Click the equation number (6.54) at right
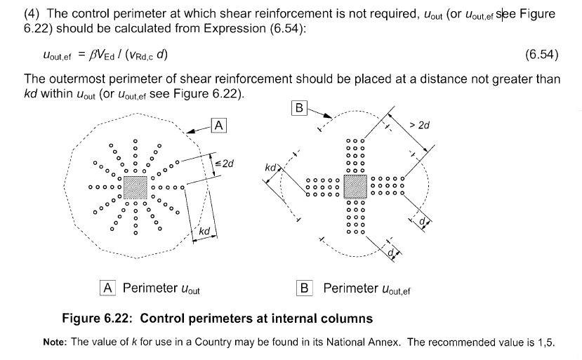click(541, 55)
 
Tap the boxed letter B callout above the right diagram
click(299, 108)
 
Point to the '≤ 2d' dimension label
click(224, 164)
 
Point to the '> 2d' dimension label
click(418, 125)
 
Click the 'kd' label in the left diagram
click(204, 231)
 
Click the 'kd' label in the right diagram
click(271, 168)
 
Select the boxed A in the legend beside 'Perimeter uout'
click(108, 288)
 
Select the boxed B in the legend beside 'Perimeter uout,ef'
click(305, 288)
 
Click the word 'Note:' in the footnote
click(54, 342)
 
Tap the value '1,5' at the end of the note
click(545, 342)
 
